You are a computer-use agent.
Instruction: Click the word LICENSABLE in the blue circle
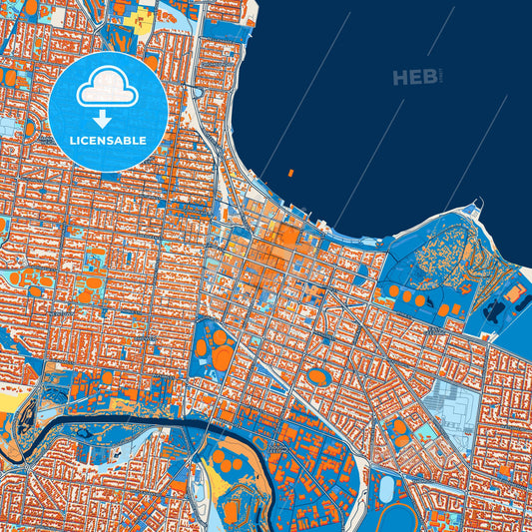[108, 140]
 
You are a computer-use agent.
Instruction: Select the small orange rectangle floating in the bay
[290, 174]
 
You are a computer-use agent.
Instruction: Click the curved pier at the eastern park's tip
[481, 209]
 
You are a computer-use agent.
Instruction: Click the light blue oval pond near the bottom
[385, 488]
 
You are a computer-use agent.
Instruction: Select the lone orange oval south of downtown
[317, 376]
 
